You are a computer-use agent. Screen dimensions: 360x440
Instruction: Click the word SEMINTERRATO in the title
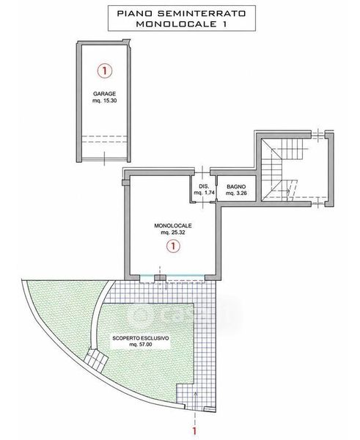click(202, 13)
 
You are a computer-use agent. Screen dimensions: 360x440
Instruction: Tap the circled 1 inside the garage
click(105, 70)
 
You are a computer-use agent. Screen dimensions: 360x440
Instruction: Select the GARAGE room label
click(104, 94)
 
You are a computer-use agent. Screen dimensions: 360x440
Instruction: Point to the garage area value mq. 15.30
click(104, 100)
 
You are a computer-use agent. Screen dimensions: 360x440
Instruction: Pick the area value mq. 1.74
click(204, 193)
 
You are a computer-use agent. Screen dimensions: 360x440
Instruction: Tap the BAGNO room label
click(236, 186)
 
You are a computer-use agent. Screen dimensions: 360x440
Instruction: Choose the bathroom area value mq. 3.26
click(236, 193)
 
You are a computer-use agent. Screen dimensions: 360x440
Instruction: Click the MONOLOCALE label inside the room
click(173, 226)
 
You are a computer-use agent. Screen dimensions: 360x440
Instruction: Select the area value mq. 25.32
click(173, 232)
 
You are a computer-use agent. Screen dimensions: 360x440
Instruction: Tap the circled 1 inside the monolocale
click(173, 246)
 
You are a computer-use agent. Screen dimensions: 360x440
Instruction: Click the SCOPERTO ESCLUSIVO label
click(141, 338)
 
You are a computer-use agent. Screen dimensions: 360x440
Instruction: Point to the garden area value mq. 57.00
click(141, 345)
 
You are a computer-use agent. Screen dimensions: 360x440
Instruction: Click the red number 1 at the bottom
click(194, 431)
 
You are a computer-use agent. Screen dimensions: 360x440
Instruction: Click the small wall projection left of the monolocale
click(125, 183)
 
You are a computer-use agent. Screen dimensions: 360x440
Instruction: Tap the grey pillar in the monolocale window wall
click(161, 278)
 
